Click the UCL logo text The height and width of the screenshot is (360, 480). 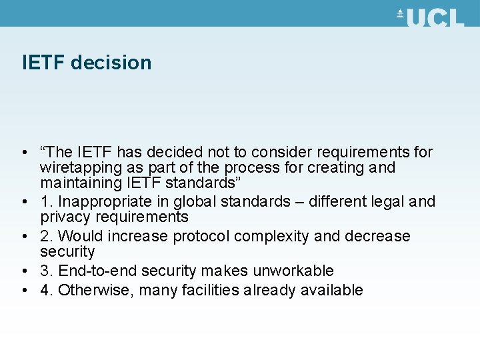[435, 17]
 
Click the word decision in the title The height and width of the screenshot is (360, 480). [111, 63]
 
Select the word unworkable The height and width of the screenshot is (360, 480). [293, 271]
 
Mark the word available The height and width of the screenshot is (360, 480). [332, 290]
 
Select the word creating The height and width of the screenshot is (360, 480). [331, 167]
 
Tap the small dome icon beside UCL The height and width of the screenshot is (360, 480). [400, 13]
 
